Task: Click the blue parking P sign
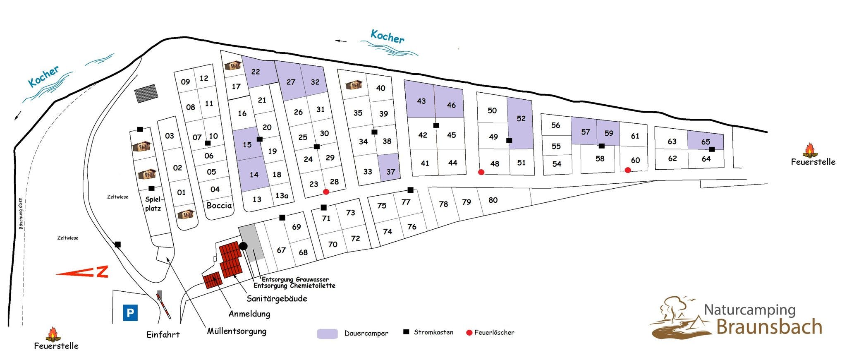click(x=130, y=312)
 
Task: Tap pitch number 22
click(x=256, y=72)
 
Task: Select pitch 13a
click(x=282, y=195)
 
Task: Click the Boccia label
click(x=219, y=205)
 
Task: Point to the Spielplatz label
click(x=153, y=204)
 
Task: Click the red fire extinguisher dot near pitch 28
click(x=326, y=192)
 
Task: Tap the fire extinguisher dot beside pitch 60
click(x=628, y=170)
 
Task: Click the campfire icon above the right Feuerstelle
click(x=809, y=150)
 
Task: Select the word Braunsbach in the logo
click(x=769, y=326)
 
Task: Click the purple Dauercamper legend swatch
click(x=328, y=334)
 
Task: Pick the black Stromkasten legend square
click(x=406, y=332)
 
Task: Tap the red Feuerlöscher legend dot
click(x=469, y=332)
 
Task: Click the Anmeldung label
click(x=249, y=314)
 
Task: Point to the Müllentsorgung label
click(x=237, y=331)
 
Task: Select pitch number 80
click(x=493, y=200)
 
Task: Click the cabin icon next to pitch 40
click(x=354, y=85)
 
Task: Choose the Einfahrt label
click(x=163, y=335)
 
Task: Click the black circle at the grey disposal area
click(x=244, y=246)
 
